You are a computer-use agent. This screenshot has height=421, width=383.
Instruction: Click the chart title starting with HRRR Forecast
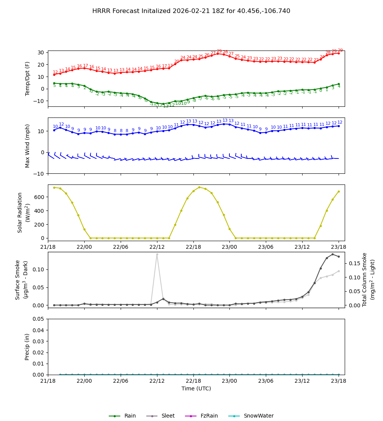[191, 11]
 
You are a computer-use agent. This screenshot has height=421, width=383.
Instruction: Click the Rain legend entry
[123, 416]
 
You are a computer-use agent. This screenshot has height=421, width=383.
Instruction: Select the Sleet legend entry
[160, 416]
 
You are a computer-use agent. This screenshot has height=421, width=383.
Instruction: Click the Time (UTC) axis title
[196, 388]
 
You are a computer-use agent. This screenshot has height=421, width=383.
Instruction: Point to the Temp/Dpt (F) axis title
[28, 78]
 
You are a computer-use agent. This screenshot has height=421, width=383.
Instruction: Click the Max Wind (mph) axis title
[28, 145]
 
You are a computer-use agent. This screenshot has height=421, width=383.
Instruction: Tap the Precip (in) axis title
[27, 347]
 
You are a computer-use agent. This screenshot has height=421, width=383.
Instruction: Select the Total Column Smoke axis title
[365, 279]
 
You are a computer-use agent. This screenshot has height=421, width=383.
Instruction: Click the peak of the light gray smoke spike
[157, 254]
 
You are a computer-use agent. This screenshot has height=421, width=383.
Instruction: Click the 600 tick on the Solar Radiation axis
[40, 197]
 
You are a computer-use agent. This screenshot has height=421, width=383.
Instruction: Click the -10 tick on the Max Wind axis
[40, 173]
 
